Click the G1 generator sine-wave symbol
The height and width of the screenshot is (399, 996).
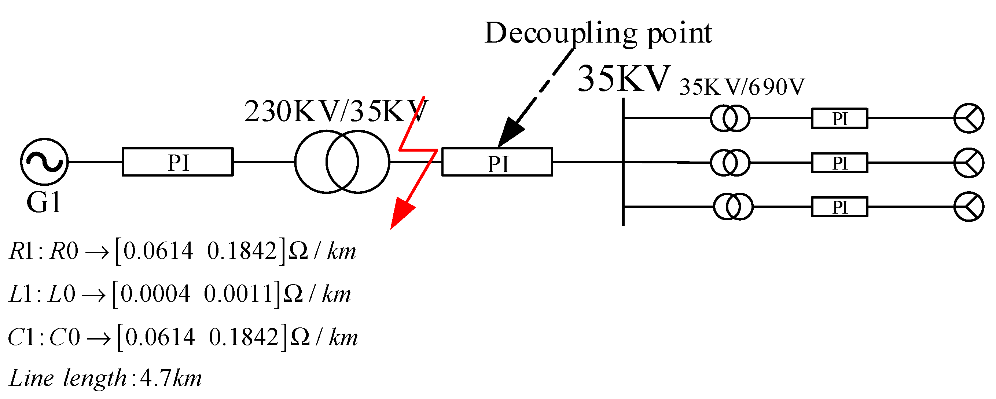44,162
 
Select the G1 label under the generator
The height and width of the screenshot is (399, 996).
44,202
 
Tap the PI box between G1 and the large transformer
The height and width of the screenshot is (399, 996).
177,162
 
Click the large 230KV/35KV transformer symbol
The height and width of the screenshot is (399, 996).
342,162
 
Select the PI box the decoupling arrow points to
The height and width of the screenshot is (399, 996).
497,162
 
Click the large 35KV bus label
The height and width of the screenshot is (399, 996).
624,79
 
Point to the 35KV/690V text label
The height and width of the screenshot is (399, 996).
742,87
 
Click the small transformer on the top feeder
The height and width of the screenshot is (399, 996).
730,118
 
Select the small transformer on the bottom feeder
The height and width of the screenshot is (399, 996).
733,207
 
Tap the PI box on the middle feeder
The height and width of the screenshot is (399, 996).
839,163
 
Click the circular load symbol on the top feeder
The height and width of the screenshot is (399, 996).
969,118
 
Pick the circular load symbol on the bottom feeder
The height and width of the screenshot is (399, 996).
969,207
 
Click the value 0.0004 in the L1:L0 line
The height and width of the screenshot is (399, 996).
155,294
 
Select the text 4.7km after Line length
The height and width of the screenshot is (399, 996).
170,378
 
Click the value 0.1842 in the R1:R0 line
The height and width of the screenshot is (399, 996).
242,251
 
